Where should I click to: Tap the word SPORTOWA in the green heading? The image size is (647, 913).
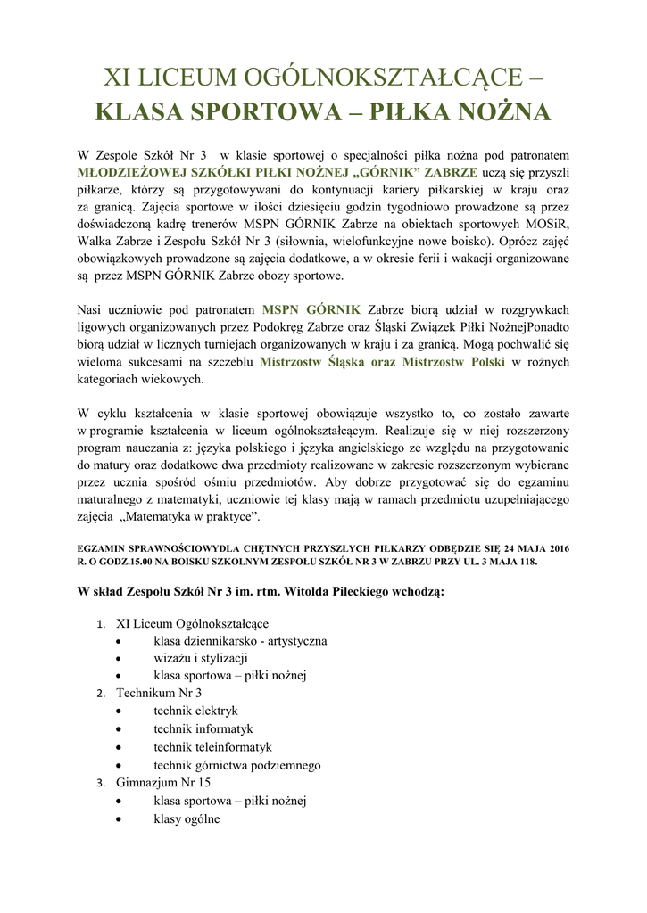coord(249,113)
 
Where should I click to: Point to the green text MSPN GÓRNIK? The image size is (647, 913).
coord(311,309)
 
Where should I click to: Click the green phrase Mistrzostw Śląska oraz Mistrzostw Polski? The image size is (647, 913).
coord(382,362)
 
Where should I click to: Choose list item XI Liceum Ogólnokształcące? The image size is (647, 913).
coord(192,623)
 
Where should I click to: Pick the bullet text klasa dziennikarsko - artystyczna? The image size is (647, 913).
coord(240,640)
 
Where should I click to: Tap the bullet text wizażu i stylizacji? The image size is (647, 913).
coord(200,658)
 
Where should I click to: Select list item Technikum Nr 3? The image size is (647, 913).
coord(159,693)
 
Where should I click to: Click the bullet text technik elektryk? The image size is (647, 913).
coord(195,711)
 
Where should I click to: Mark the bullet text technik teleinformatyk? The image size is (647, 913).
coord(212,746)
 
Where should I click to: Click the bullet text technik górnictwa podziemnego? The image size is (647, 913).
coord(236,765)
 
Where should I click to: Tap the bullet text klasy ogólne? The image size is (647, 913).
coord(187,818)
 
